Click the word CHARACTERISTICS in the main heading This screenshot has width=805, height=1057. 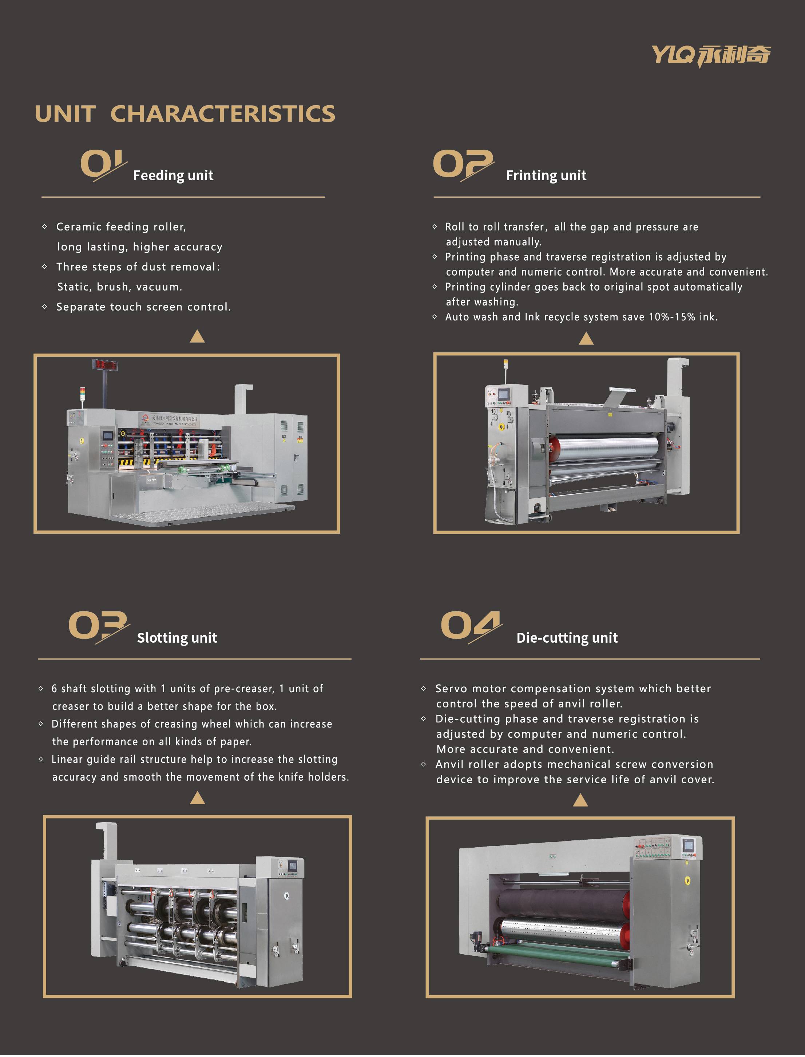[x=223, y=114]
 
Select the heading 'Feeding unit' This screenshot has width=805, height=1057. [x=173, y=175]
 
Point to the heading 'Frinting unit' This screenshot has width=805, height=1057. [x=546, y=175]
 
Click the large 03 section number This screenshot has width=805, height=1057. [x=99, y=626]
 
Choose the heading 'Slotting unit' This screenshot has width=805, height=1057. [x=177, y=638]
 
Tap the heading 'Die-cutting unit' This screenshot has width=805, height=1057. [x=567, y=638]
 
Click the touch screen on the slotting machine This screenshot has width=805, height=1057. [x=292, y=866]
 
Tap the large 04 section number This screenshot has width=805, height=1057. [x=471, y=626]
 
